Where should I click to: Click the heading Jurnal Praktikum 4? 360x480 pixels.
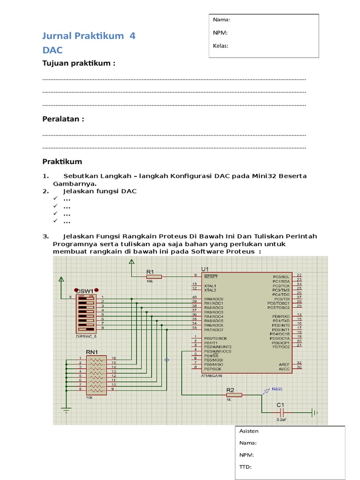(x=89, y=36)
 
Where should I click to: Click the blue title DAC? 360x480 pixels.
(x=52, y=50)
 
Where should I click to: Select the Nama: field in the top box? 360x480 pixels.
(x=222, y=20)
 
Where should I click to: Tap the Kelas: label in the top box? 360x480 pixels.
(x=220, y=46)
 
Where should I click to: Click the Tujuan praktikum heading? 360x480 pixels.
(x=79, y=63)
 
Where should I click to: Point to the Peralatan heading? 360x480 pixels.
(x=63, y=119)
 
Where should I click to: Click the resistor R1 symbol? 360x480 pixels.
(x=153, y=277)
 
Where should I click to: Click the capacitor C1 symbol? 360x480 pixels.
(x=282, y=412)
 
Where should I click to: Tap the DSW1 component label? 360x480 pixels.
(x=85, y=291)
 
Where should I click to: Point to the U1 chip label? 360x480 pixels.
(x=205, y=269)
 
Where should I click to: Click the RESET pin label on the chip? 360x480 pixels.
(x=211, y=277)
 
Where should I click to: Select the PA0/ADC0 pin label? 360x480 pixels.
(x=214, y=299)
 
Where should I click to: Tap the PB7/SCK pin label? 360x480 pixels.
(x=212, y=369)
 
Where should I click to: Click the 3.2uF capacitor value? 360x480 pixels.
(x=282, y=420)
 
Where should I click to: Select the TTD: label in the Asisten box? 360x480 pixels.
(x=245, y=467)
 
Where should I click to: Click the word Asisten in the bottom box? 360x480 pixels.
(x=248, y=431)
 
